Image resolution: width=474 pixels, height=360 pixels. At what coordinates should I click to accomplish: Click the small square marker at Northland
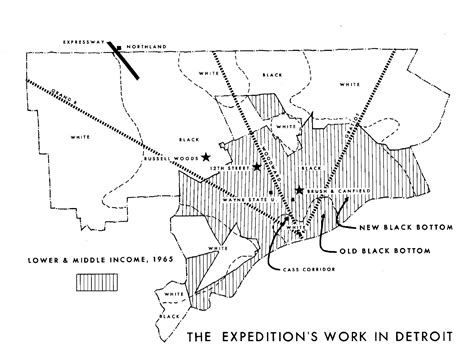click(x=118, y=46)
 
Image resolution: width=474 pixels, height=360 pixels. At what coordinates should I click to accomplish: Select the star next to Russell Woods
click(x=206, y=157)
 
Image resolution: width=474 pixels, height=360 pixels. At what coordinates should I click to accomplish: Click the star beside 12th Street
click(x=256, y=167)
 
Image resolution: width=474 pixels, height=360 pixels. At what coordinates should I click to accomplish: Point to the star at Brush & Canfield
click(x=299, y=190)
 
